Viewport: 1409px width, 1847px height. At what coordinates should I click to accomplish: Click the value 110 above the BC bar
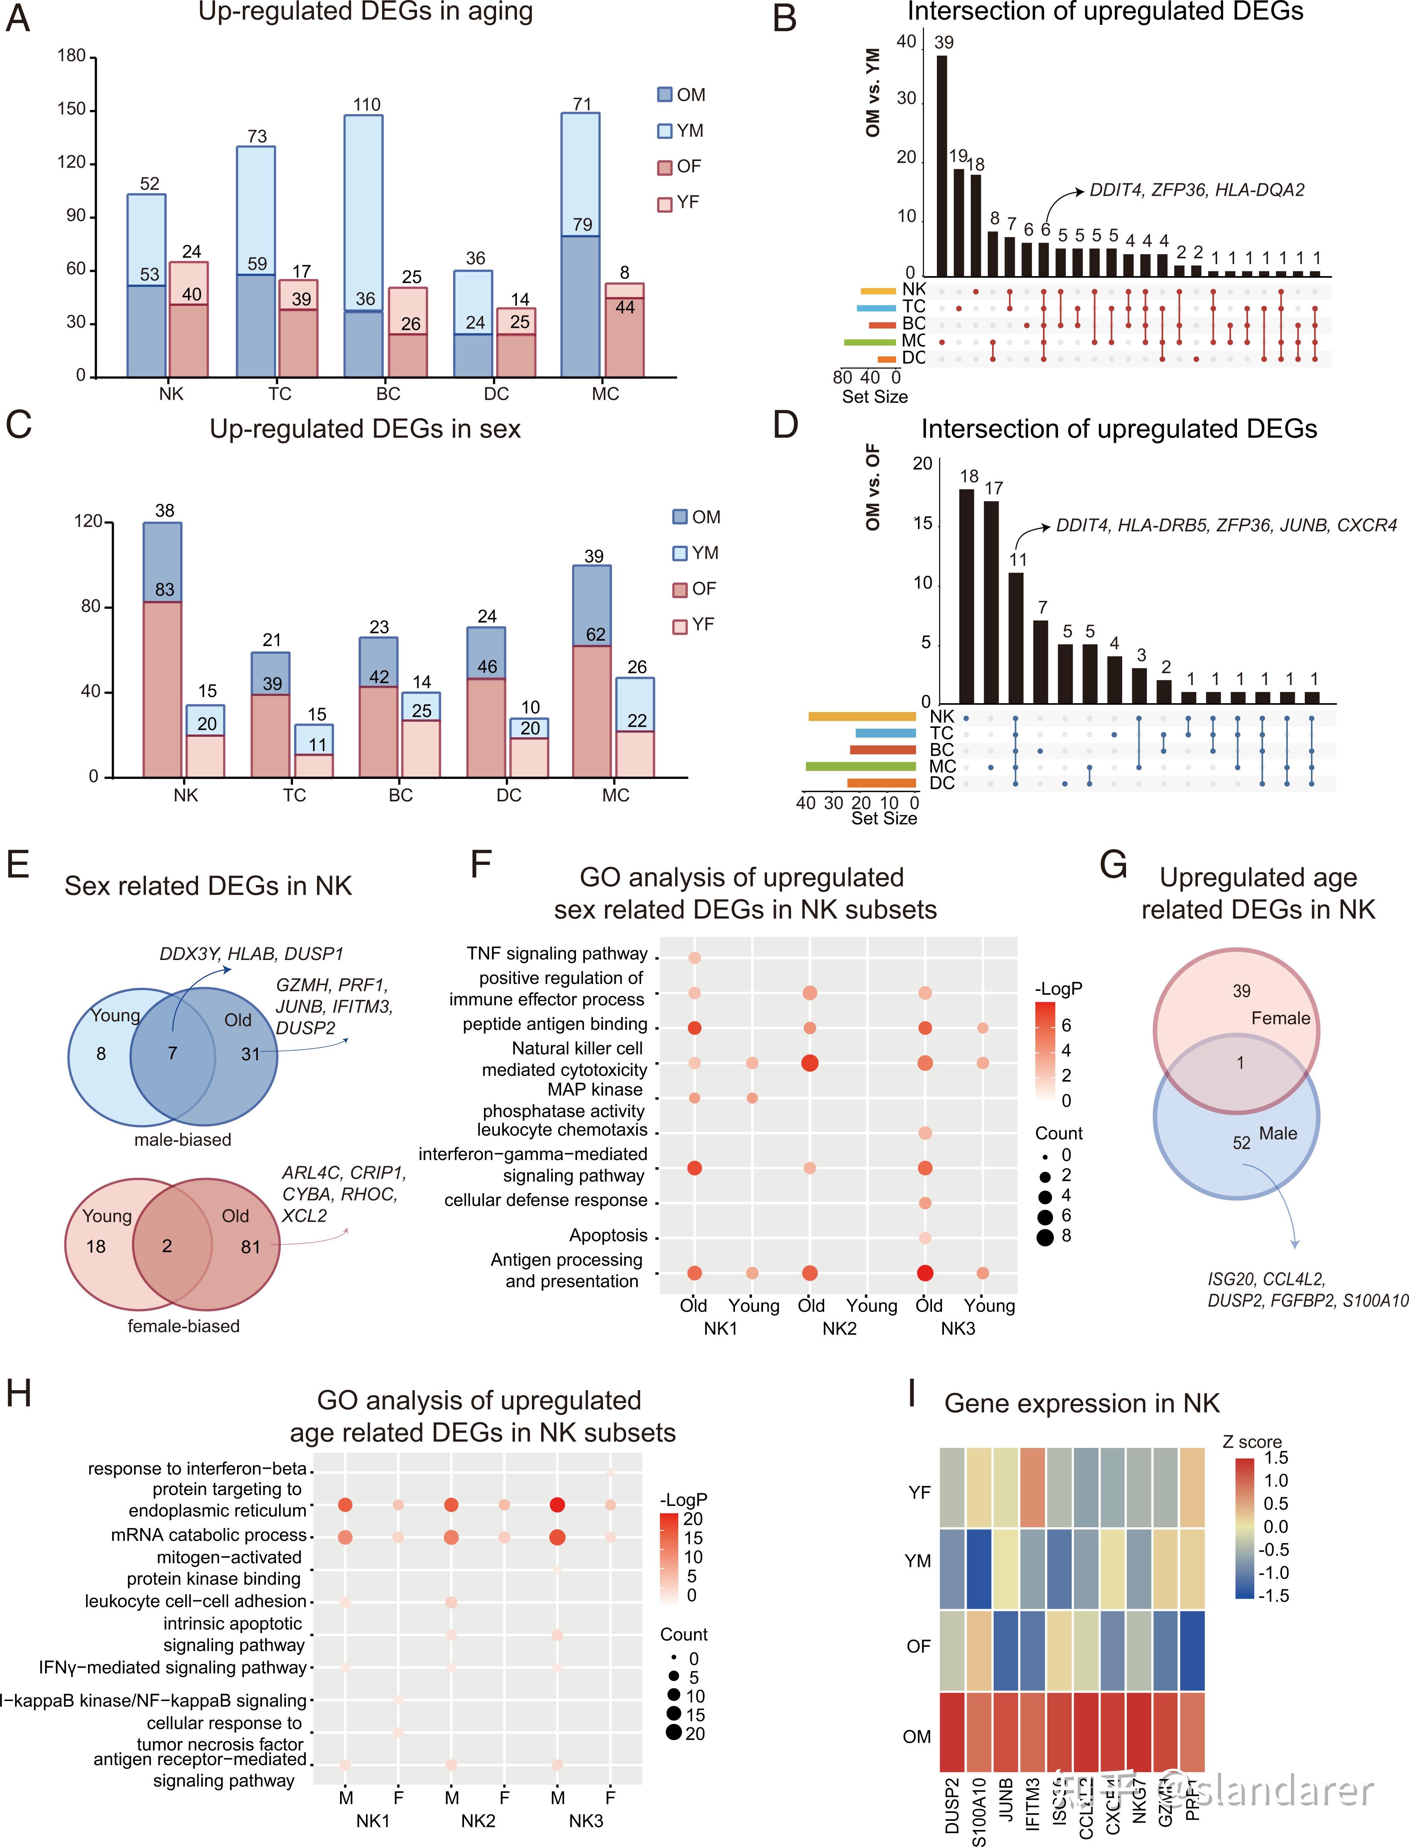pyautogui.click(x=366, y=105)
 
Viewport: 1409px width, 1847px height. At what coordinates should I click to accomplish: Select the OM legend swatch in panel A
pyautogui.click(x=665, y=95)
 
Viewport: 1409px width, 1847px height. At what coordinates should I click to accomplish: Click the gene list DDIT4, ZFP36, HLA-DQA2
pyautogui.click(x=1197, y=190)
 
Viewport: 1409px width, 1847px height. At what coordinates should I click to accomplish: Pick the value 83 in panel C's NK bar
pyautogui.click(x=164, y=590)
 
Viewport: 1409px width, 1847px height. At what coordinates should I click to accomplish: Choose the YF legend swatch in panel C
pyautogui.click(x=680, y=625)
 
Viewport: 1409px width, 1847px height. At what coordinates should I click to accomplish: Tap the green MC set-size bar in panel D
pyautogui.click(x=860, y=766)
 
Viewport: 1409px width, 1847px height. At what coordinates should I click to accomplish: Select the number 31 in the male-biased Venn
pyautogui.click(x=250, y=1054)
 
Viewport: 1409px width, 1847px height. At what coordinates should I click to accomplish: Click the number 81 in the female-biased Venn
pyautogui.click(x=250, y=1247)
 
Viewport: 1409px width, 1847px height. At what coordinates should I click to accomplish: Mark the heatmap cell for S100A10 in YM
pyautogui.click(x=979, y=1568)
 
